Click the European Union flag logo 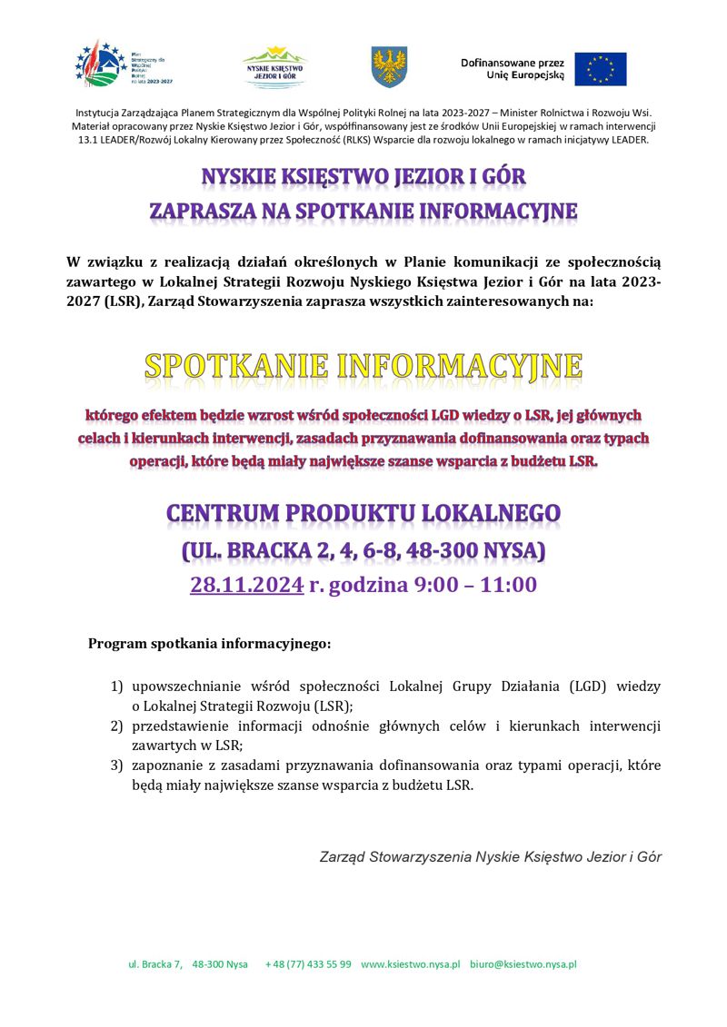coord(600,69)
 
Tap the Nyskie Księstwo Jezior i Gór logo coord(274,66)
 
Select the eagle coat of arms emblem coord(389,67)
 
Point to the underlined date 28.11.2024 coord(246,584)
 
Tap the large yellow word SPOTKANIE coord(235,366)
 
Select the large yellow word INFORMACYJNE coord(460,366)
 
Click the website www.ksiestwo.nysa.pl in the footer coord(411,964)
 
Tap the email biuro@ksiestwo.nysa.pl coord(523,964)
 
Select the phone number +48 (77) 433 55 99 coord(308,964)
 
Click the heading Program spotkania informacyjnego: coord(210,644)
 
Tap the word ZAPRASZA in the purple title coord(201,212)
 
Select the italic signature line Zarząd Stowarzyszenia coord(491,856)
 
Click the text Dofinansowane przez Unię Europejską coord(513,69)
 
